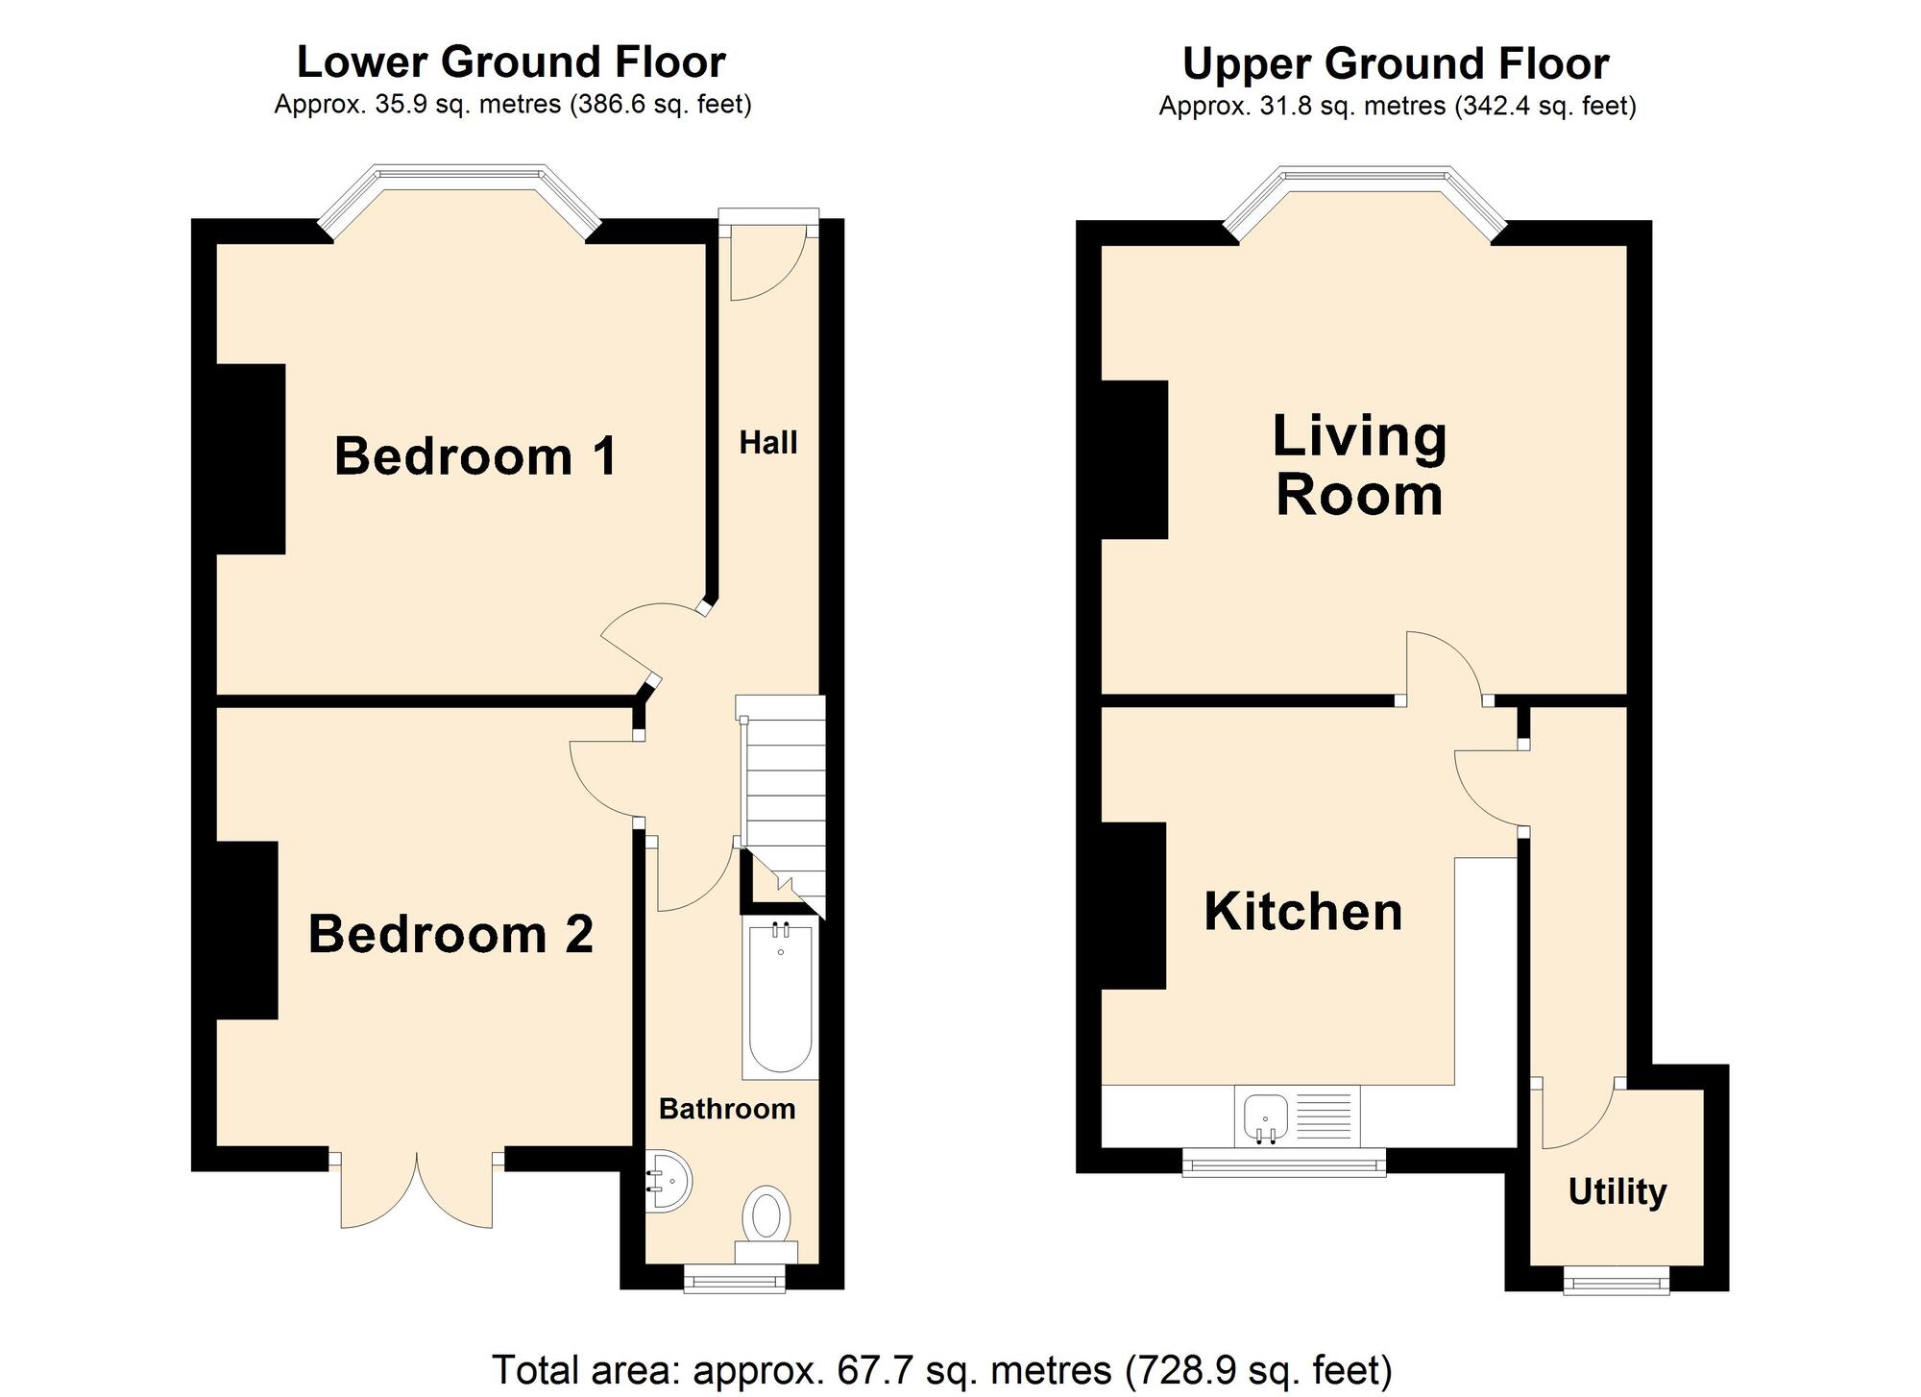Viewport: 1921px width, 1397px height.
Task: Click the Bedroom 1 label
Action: coord(475,456)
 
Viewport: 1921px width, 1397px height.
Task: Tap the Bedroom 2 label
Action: coord(450,934)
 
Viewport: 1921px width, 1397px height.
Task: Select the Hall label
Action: coord(768,443)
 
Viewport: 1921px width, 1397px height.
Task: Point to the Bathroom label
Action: coord(727,1109)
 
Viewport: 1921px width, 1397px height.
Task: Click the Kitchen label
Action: coord(1303,911)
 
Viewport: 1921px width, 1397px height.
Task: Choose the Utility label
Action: coord(1617,1191)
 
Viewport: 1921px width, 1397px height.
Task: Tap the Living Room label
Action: coord(1359,465)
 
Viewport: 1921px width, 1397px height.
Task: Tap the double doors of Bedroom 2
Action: coord(417,1189)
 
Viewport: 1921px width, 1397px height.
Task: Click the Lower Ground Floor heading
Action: coord(511,62)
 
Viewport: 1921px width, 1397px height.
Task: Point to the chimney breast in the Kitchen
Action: coord(1133,905)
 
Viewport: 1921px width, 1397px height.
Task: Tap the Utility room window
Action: coord(1617,1280)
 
